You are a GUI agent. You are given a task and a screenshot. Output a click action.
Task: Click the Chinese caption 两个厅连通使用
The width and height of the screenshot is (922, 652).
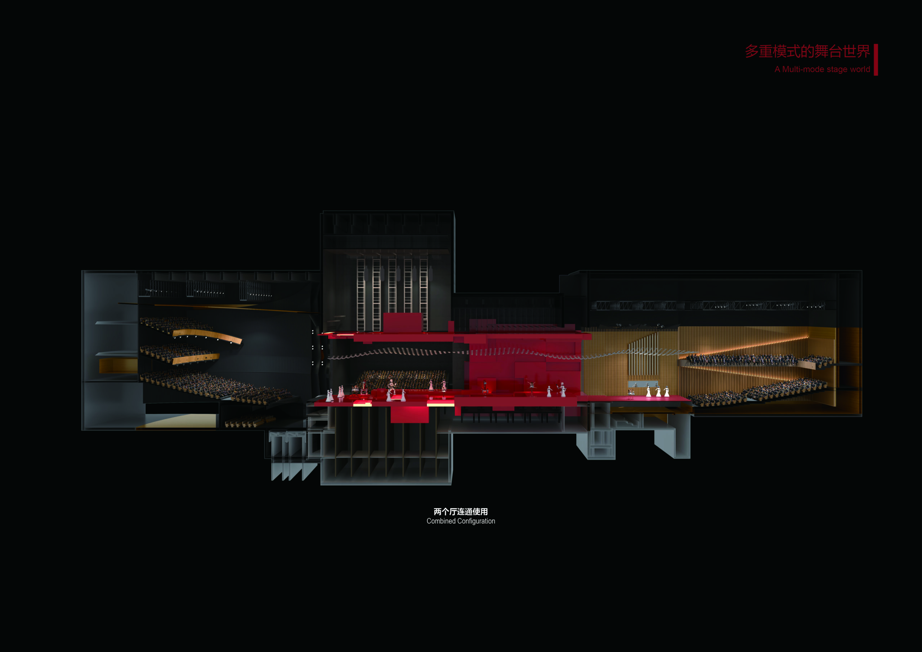461,512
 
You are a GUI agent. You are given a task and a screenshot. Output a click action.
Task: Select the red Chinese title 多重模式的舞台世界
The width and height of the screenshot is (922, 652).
807,52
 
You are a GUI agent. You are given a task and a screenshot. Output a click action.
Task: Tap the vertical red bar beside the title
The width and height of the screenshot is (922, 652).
876,59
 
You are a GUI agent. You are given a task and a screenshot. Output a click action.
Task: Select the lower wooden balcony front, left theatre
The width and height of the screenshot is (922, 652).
196,358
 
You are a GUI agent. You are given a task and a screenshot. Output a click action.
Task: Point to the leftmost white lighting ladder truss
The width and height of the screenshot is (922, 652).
361,294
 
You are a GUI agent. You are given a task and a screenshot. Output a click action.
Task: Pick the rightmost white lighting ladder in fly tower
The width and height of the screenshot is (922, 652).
423,294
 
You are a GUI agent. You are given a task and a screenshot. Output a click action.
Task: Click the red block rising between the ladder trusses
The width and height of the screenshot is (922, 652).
403,322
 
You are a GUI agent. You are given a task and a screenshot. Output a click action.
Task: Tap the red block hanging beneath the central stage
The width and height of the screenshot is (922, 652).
409,414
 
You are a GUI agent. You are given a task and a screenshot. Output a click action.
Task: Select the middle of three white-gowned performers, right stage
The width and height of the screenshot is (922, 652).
658,391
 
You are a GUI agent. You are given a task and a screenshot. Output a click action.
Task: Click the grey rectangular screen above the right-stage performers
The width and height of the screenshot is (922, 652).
643,384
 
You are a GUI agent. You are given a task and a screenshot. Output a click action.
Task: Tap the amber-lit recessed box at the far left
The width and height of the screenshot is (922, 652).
118,366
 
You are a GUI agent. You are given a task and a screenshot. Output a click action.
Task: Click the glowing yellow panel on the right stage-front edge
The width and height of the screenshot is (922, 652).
440,403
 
